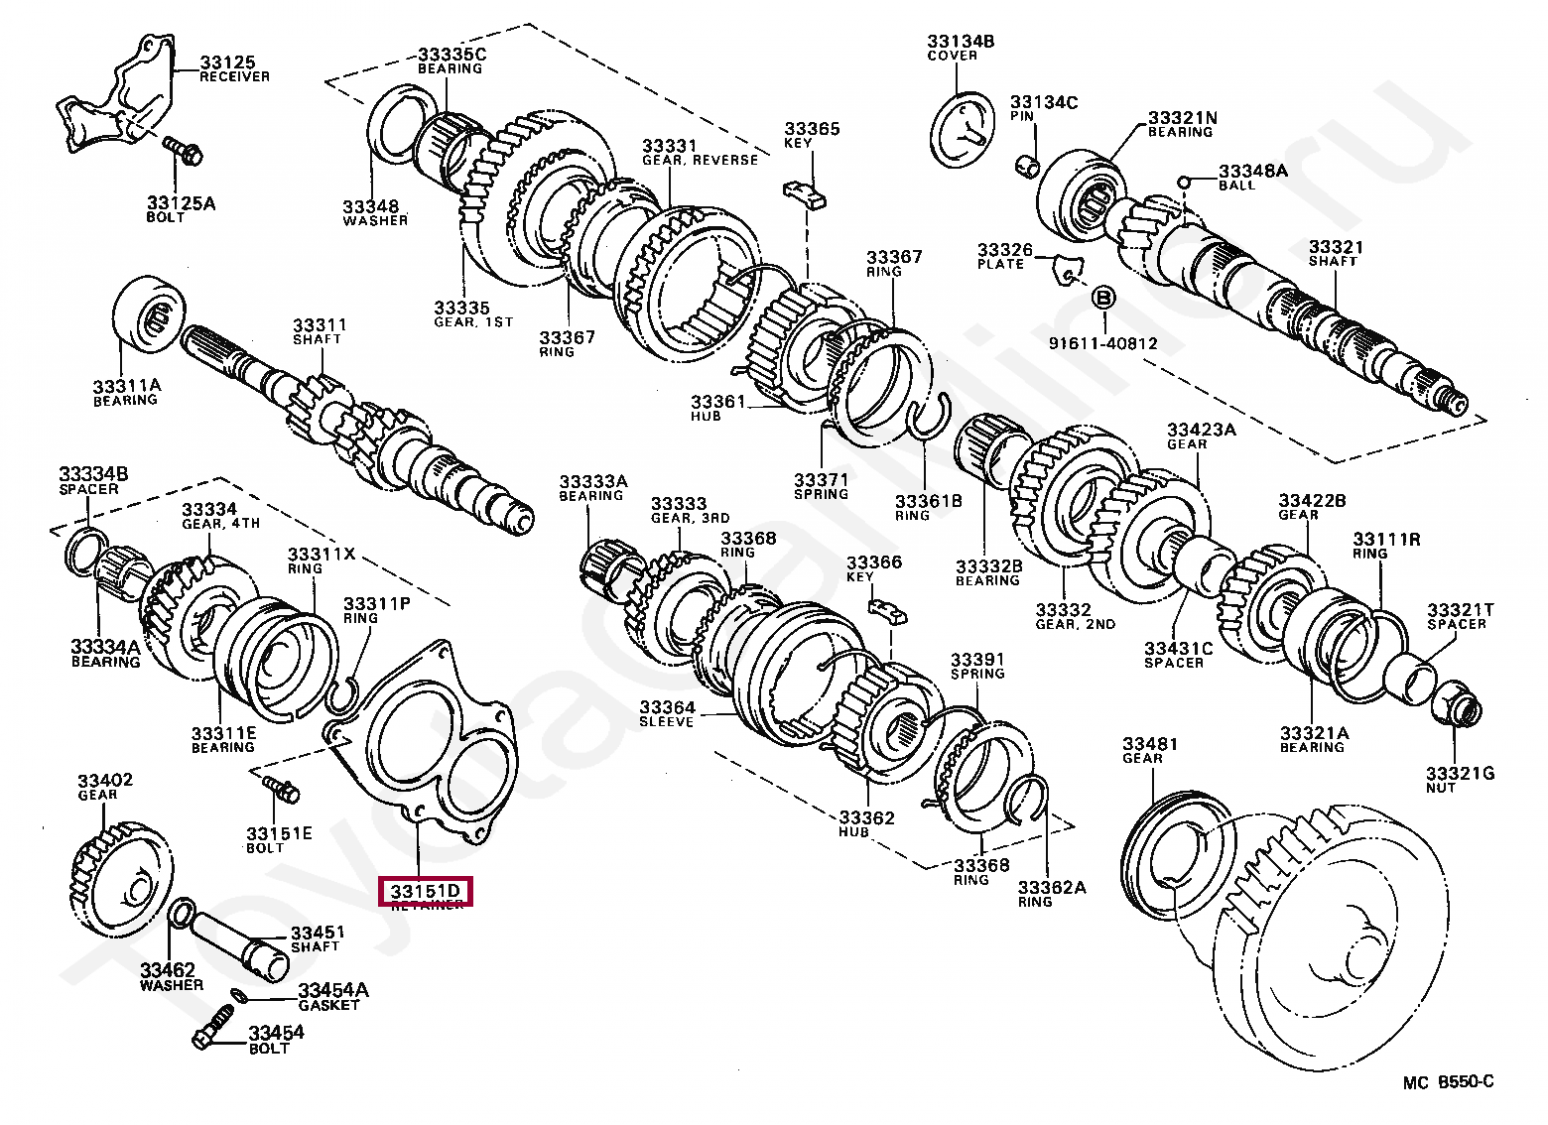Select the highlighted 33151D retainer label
click(427, 891)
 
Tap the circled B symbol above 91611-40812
click(1103, 297)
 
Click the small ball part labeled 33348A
click(1184, 181)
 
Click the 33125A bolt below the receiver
click(184, 150)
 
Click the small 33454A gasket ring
click(238, 994)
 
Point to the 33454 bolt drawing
click(213, 1027)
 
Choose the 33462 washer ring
click(181, 912)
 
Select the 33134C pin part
click(1028, 164)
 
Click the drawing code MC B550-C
click(1448, 1082)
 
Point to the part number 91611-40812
click(1102, 343)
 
